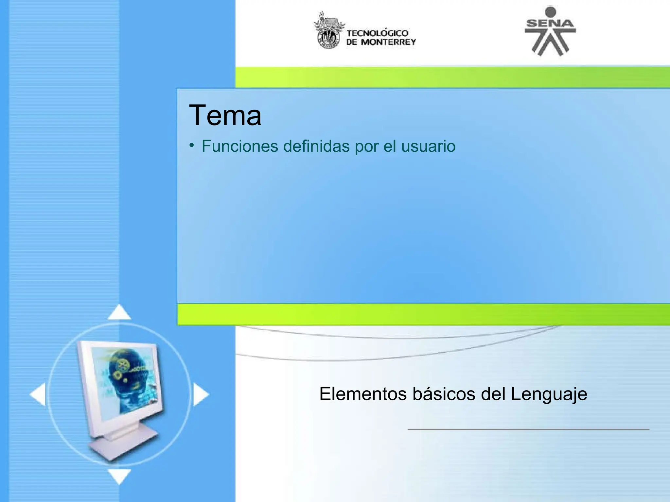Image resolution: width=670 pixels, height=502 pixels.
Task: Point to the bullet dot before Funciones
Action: (x=191, y=144)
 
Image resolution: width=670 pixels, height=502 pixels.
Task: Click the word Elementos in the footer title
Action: (x=363, y=394)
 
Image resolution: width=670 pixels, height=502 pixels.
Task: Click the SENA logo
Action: (x=550, y=31)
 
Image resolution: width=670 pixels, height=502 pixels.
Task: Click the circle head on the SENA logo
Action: (x=551, y=12)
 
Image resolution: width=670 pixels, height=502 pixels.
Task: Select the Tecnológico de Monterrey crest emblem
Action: (x=329, y=31)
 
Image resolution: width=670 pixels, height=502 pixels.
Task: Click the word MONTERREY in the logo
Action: (x=388, y=42)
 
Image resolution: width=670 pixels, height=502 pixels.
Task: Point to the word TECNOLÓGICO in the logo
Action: (x=377, y=33)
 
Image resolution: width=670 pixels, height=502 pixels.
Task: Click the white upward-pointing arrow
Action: (x=119, y=313)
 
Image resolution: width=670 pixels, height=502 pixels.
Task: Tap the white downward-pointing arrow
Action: (x=119, y=476)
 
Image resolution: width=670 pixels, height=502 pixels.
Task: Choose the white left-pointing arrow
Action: (x=38, y=394)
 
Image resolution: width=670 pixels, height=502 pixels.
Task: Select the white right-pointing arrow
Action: (x=201, y=394)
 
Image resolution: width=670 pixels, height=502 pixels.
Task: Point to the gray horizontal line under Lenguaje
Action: (x=528, y=429)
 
